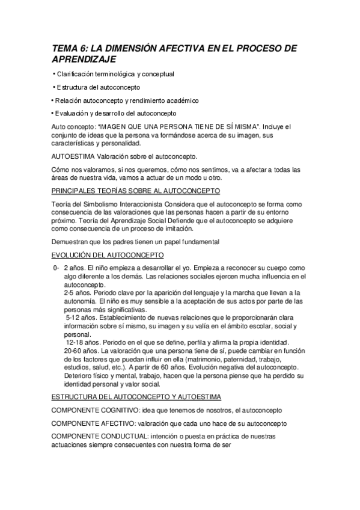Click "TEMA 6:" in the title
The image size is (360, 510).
pyautogui.click(x=68, y=49)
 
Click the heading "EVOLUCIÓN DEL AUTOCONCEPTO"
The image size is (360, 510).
pyautogui.click(x=103, y=255)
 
